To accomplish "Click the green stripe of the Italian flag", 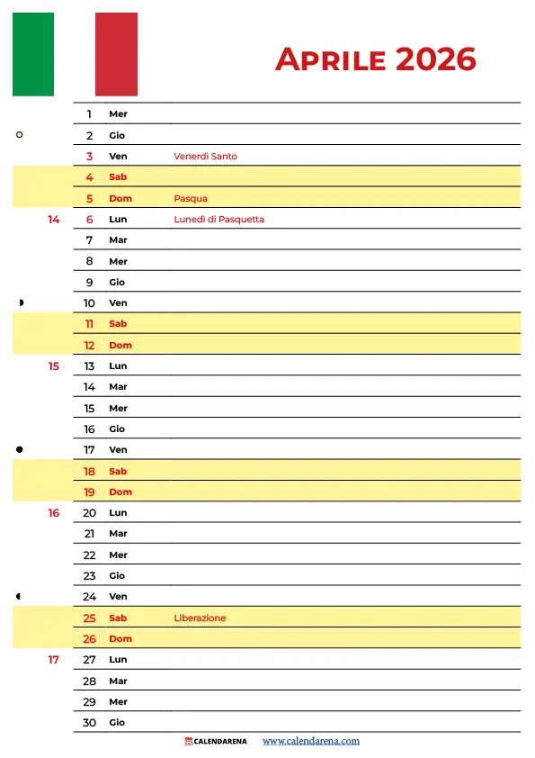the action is pos(33,54).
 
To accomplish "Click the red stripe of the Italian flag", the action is pos(116,54).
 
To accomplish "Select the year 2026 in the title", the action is pos(435,59).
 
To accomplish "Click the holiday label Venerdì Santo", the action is pos(205,157).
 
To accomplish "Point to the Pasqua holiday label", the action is pos(191,198).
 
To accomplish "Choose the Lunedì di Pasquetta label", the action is pos(218,220).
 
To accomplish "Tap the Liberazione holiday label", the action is pos(200,618).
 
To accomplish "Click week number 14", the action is pos(54,220).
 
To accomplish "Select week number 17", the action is pos(54,660).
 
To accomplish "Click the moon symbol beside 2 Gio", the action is pos(20,135).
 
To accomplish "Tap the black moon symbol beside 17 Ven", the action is pos(20,449).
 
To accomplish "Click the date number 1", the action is pos(90,114).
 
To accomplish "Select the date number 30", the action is pos(89,723).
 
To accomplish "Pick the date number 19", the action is pos(89,492).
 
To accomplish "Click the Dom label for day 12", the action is pos(120,346).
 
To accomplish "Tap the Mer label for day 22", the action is pos(118,555).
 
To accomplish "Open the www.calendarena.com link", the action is pos(311,742).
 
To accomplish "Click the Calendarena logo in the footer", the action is pos(215,742).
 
